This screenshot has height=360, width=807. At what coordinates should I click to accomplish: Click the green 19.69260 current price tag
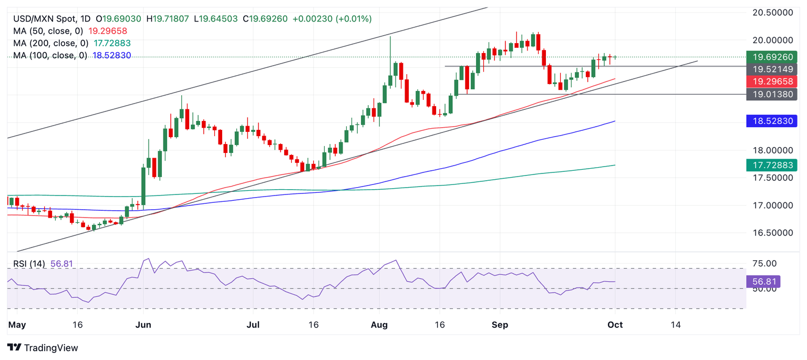coord(771,57)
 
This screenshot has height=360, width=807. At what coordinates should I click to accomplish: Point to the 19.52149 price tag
coord(771,69)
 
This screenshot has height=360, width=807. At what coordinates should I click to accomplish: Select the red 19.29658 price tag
coord(771,81)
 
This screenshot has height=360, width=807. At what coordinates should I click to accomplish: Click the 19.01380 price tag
coord(771,95)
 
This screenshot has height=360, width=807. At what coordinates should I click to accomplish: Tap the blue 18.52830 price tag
coord(771,121)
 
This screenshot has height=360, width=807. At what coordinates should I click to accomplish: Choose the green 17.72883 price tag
coord(771,166)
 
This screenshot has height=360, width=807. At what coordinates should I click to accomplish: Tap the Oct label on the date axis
coord(615,325)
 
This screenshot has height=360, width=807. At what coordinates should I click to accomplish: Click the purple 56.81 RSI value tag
coord(763,282)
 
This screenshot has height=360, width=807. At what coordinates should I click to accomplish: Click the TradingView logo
coord(43,348)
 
